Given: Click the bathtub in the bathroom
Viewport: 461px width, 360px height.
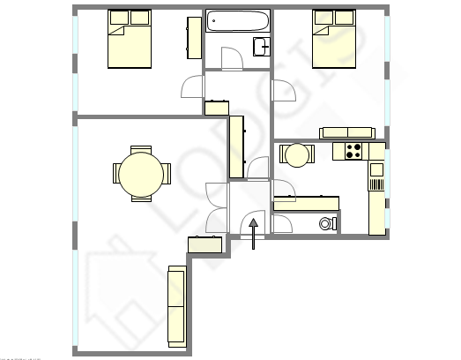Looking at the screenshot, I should point(237,22).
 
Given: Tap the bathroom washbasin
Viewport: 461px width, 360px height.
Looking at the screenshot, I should point(261,47).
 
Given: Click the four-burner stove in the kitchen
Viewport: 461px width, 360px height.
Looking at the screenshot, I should point(354,152).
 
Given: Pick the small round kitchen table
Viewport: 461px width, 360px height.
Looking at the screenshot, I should point(297,155).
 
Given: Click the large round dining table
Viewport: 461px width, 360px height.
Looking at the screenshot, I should point(141,174).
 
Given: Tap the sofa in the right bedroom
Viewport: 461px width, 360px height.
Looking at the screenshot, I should point(348,133).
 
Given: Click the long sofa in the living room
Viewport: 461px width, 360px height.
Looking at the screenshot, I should point(176,307).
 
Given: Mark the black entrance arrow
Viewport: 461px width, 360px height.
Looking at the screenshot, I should point(254,232).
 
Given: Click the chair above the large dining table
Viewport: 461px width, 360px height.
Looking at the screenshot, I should point(141,150).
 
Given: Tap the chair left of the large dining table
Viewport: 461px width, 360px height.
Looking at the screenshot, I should point(116,174).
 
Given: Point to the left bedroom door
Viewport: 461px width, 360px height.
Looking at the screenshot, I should point(192,88).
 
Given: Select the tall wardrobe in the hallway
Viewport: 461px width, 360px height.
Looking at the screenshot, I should point(236,146).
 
